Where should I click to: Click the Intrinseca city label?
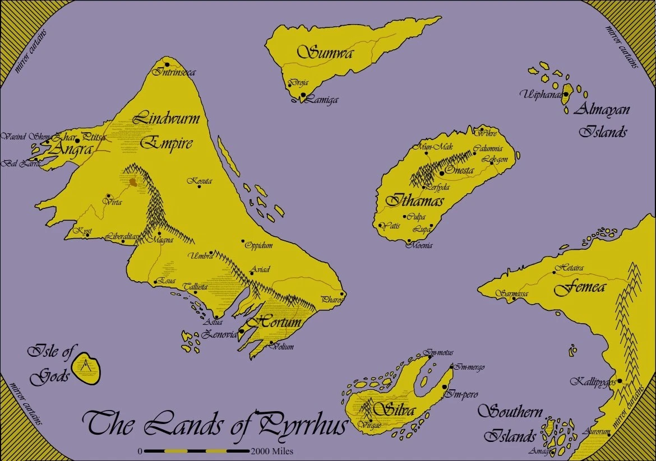point(176,72)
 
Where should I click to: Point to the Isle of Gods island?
point(88,368)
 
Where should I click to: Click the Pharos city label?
point(332,300)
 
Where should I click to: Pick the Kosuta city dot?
point(200,187)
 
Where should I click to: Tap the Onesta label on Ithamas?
point(459,170)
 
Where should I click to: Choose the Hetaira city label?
point(569,269)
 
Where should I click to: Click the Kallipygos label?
point(592,382)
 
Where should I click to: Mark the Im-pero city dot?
point(445,387)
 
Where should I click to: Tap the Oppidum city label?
point(259,245)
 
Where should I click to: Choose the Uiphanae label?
point(540,94)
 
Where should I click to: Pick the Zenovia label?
point(219,334)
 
